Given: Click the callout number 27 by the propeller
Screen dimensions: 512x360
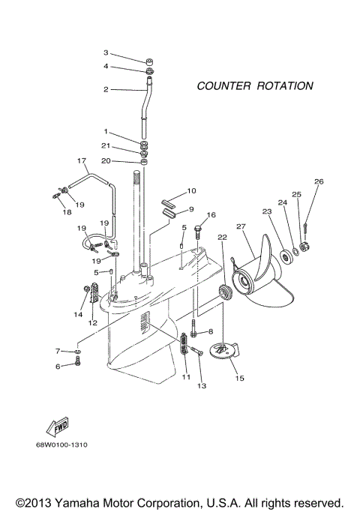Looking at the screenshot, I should (x=241, y=226).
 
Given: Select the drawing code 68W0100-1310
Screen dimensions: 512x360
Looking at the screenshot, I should (x=61, y=445).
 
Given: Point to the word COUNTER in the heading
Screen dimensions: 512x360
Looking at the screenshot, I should (x=221, y=86).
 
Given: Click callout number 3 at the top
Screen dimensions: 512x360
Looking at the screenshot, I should (x=106, y=52).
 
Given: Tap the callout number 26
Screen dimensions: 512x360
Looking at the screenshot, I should (x=319, y=181).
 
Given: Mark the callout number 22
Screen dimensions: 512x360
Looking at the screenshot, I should (x=222, y=237).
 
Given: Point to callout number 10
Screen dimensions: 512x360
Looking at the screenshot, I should (x=191, y=191).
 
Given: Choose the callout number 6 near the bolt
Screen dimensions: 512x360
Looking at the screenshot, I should (x=56, y=366).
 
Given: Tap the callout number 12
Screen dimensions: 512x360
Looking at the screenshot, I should (x=93, y=323).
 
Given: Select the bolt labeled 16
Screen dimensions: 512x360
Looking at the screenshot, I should (x=198, y=230).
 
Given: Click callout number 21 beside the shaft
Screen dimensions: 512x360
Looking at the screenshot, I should (x=106, y=145).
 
